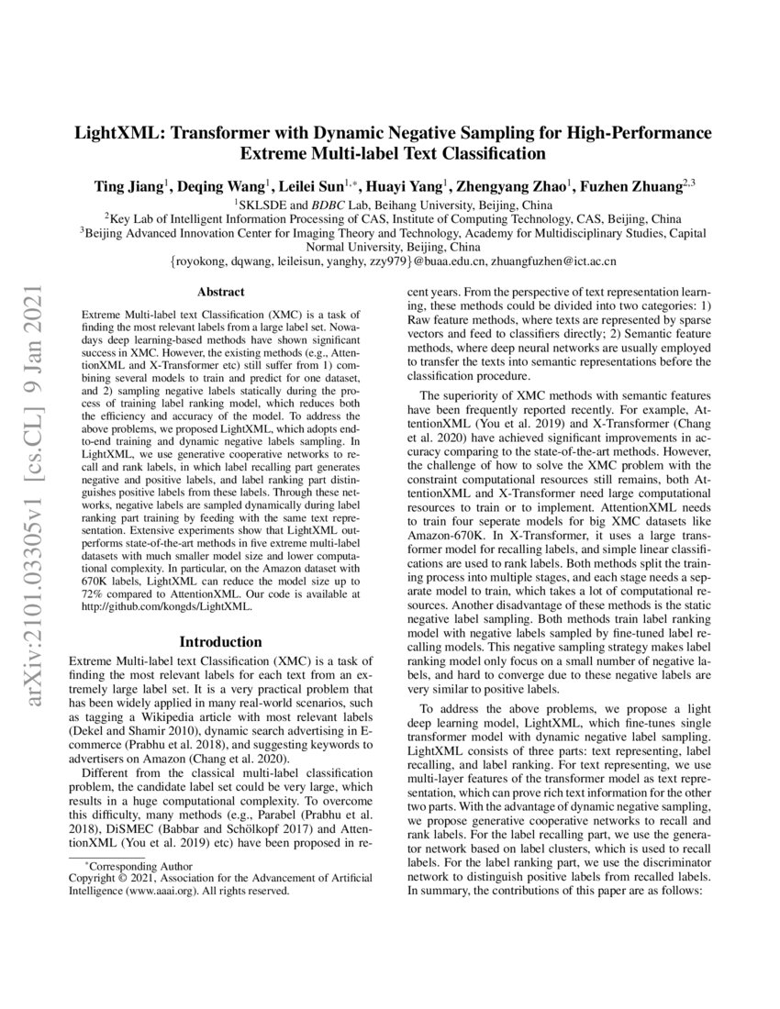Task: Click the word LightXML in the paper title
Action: point(115,132)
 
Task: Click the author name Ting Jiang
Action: point(128,186)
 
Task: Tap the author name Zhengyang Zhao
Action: point(524,186)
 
